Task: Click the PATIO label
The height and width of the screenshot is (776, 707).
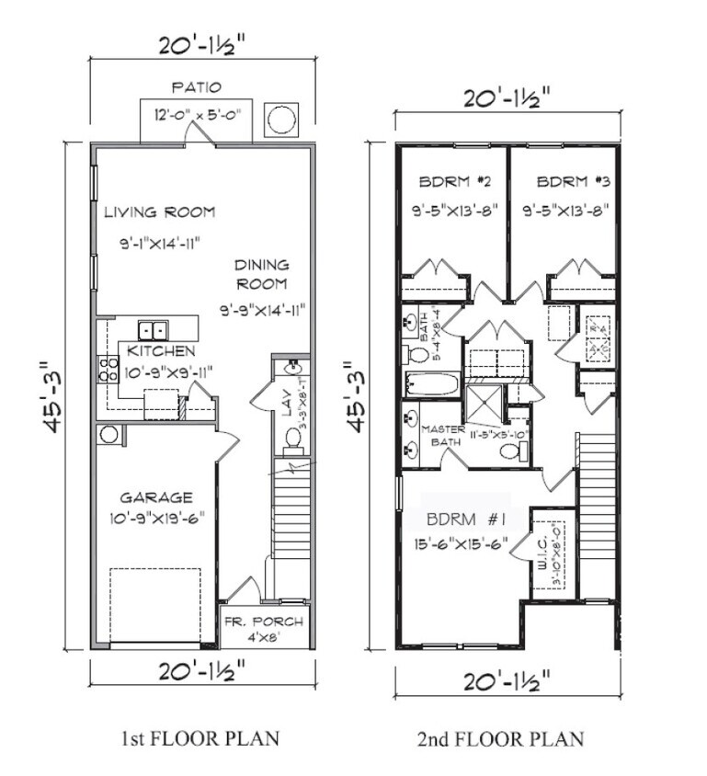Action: click(x=196, y=88)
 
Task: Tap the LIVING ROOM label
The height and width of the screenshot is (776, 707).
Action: click(x=159, y=212)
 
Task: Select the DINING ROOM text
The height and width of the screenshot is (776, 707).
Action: click(x=261, y=274)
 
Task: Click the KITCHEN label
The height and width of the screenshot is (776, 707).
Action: click(x=161, y=351)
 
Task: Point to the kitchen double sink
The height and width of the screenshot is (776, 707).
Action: click(x=153, y=329)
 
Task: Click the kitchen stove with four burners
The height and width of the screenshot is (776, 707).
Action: click(x=108, y=369)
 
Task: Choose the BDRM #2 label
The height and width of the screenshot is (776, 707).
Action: click(x=451, y=181)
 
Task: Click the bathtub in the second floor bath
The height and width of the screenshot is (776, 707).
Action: click(x=431, y=384)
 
